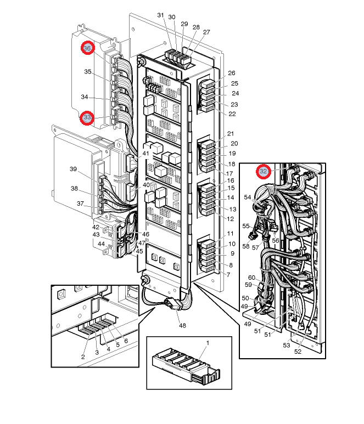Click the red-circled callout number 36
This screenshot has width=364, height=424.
click(87, 48)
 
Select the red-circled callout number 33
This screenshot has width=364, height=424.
click(87, 117)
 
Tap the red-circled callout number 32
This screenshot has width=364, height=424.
click(264, 171)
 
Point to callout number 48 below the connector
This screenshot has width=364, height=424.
click(182, 325)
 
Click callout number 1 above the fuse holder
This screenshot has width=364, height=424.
click(208, 342)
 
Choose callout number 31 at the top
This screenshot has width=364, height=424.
click(160, 15)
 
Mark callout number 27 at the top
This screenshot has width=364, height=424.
click(206, 32)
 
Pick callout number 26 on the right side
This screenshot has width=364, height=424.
click(232, 73)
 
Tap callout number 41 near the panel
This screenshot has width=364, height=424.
click(145, 154)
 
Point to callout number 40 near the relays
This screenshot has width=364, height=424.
click(146, 185)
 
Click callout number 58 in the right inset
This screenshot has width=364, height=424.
click(247, 247)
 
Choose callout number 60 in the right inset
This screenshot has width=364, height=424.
click(252, 278)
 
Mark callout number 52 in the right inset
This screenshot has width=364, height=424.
click(298, 352)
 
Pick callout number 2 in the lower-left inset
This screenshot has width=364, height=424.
click(83, 357)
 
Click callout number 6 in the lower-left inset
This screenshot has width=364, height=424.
click(126, 341)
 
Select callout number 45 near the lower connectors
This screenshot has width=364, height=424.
click(139, 251)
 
